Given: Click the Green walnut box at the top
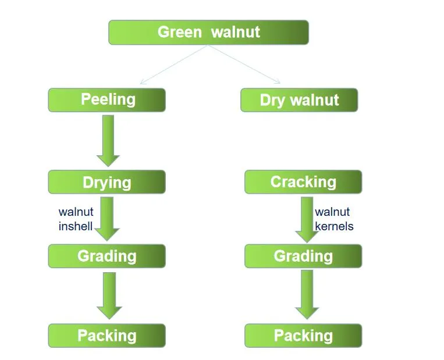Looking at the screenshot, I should [x=208, y=32].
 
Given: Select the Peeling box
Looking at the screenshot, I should [x=107, y=99].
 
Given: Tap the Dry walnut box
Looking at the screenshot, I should [x=299, y=100].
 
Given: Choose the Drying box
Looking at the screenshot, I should [x=107, y=182].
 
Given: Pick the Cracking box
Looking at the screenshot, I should [x=303, y=182].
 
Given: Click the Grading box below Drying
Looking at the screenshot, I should [x=107, y=256].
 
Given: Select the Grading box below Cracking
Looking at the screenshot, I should [x=303, y=256].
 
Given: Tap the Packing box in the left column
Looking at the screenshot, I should [x=107, y=336].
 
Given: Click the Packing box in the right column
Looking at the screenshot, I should [x=303, y=336].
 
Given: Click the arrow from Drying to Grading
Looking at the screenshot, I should [x=107, y=219].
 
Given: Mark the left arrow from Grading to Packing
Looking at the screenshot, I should [x=109, y=295].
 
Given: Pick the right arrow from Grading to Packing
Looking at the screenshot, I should [x=307, y=295].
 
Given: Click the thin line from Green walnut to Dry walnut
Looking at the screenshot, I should [x=244, y=65].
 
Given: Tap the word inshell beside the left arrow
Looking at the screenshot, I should [x=76, y=226].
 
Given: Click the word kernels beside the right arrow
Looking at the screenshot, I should [x=334, y=226].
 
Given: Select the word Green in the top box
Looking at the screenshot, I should [x=179, y=32].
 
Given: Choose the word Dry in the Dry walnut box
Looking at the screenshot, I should [x=272, y=100].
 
